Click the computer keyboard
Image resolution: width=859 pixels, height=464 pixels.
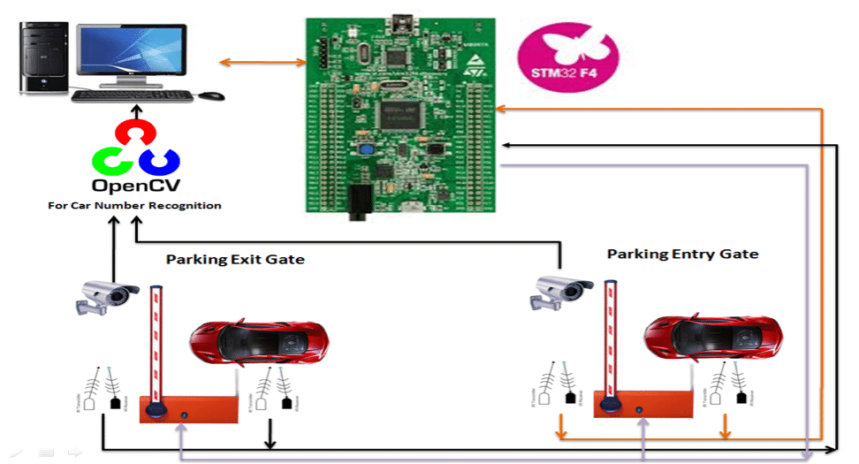(x=133, y=95)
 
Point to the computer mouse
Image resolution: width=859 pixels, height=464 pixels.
(x=211, y=95)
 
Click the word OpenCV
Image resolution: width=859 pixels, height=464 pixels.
(x=135, y=186)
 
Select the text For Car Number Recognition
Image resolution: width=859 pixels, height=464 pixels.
(x=134, y=206)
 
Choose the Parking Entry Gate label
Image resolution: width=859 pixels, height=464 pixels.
(x=682, y=254)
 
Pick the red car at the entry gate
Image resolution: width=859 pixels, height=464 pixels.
(x=712, y=337)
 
